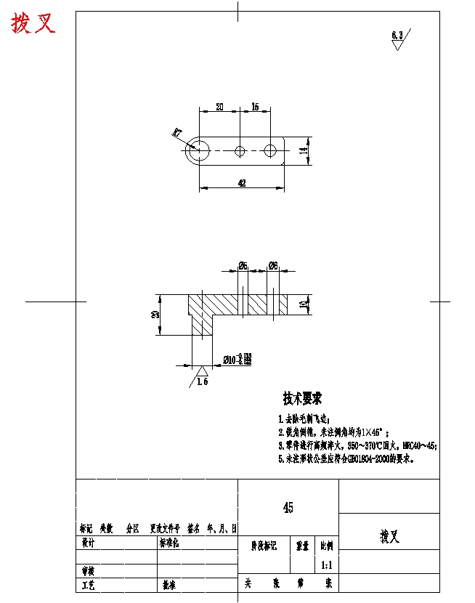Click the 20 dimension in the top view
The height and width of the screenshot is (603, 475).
pos(219,107)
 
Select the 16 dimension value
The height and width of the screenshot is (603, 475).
pos(255,107)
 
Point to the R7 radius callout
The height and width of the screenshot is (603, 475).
pos(177,132)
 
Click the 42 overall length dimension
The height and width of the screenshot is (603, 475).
pos(242,183)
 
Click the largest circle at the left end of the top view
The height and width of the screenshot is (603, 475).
pos(198,151)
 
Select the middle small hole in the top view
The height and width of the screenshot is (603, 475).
pos(240,151)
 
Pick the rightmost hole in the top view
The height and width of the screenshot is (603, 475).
pos(271,151)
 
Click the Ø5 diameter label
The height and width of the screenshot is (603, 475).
pos(243,265)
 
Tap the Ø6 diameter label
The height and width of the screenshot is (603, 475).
pos(273,265)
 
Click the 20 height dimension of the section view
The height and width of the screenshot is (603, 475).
pos(155,315)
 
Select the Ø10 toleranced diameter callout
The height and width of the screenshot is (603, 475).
pos(237,359)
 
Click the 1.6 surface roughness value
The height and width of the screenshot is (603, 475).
pos(202,382)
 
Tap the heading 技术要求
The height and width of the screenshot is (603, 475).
pos(302,399)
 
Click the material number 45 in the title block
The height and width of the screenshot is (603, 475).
pos(288,509)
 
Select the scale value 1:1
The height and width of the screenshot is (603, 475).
pos(326,564)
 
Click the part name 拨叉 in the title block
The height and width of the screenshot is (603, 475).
pos(389,536)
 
